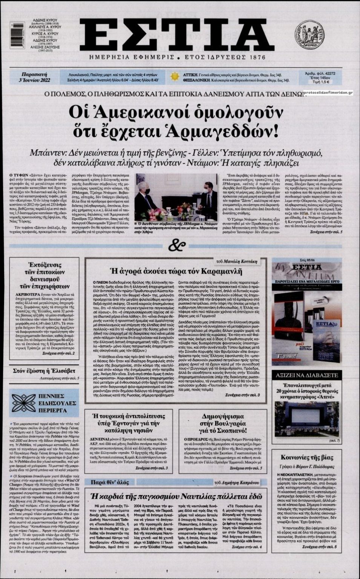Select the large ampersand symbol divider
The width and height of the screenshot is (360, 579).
coord(177,246)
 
